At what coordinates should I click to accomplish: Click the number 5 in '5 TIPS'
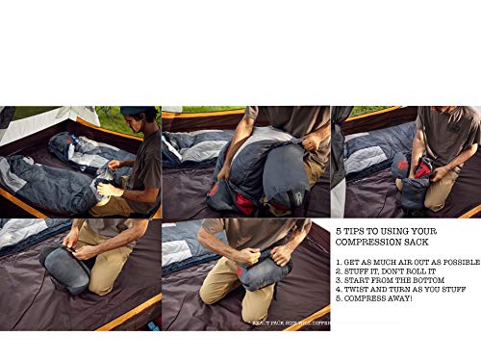[338, 232]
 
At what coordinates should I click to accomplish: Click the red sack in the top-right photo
[420, 169]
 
